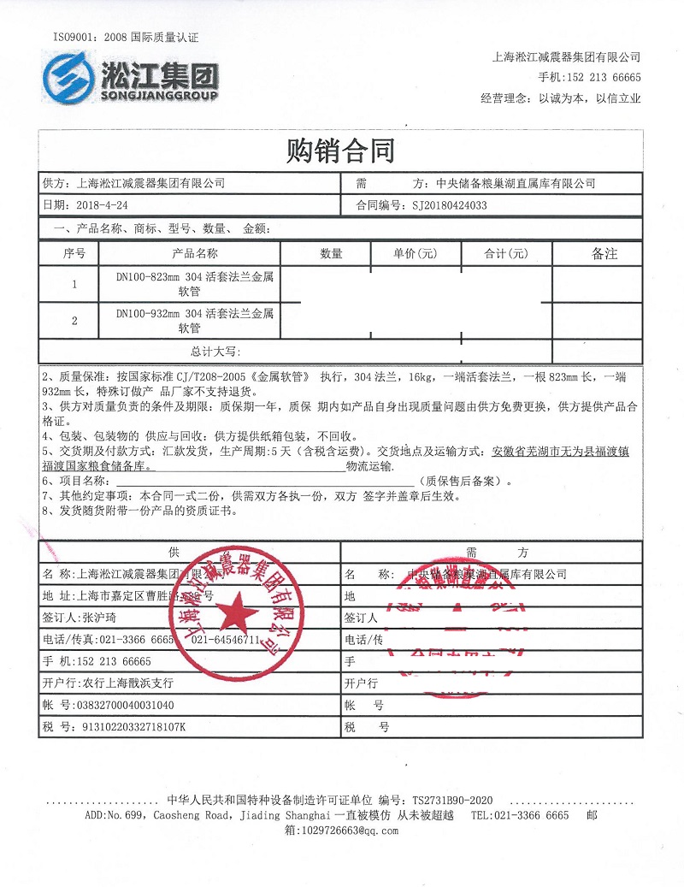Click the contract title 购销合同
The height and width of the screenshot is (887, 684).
click(342, 151)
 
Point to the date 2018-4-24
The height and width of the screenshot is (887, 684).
click(102, 205)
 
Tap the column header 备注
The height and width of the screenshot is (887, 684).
click(604, 254)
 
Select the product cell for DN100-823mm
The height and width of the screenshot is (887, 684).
click(189, 284)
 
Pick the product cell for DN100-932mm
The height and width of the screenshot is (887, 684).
click(189, 320)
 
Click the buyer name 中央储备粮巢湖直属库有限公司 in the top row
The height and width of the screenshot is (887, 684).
click(516, 183)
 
